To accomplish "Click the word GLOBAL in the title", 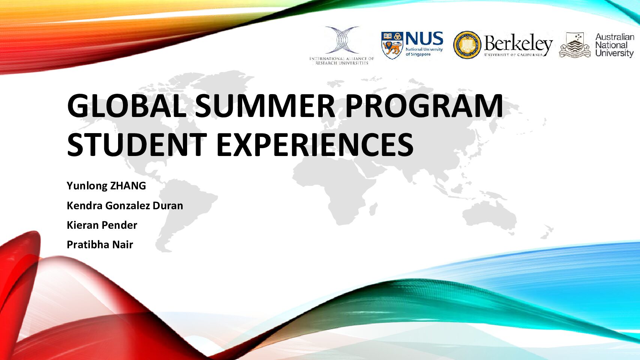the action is pos(127,105).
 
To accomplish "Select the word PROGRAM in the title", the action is pos(424,105).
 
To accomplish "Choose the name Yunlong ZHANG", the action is pos(106,186).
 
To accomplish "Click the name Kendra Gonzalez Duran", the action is pos(125,205).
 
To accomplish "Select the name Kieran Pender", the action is pos(102,225).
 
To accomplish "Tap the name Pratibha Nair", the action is pos(100,244).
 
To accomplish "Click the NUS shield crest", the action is pos(392,45).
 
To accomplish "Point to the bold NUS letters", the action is pos(424,38).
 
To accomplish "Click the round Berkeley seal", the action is pos(467,45).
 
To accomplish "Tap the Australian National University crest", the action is pos(574,45).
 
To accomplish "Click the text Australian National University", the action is pos(615,45).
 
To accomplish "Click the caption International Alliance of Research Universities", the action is pos(342,61).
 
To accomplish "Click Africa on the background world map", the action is pos(334,186).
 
